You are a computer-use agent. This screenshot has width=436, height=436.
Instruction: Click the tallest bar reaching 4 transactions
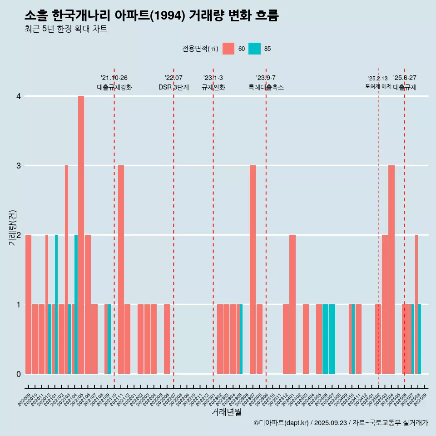(81, 235)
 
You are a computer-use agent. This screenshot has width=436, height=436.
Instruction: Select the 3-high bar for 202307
(253, 269)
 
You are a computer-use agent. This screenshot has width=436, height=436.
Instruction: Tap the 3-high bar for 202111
(121, 269)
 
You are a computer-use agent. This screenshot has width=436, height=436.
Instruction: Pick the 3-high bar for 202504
(391, 269)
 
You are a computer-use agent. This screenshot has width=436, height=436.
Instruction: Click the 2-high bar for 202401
(292, 304)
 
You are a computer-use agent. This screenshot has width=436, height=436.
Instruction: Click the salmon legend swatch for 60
(228, 49)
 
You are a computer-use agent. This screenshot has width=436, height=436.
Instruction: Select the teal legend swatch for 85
(254, 49)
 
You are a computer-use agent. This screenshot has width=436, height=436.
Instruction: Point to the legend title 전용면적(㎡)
(200, 49)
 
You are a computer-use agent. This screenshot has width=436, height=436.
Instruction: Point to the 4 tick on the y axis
(19, 96)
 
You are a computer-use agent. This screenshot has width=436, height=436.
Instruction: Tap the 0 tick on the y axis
(19, 374)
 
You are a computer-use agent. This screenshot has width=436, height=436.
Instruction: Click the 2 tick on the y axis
(19, 235)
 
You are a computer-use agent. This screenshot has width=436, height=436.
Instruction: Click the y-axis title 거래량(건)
(12, 228)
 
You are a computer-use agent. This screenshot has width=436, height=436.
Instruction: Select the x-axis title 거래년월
(226, 412)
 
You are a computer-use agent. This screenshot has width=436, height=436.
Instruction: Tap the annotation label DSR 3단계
(173, 87)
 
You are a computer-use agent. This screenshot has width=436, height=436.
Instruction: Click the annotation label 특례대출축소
(266, 87)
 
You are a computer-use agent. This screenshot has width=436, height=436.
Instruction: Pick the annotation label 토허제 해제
(378, 86)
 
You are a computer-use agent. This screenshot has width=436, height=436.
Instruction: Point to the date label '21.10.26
(114, 78)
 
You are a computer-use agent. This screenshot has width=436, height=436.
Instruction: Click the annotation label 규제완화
(213, 87)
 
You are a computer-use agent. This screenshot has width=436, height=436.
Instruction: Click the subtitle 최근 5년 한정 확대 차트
(66, 29)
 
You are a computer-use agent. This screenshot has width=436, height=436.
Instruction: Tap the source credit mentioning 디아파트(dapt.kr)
(341, 423)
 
